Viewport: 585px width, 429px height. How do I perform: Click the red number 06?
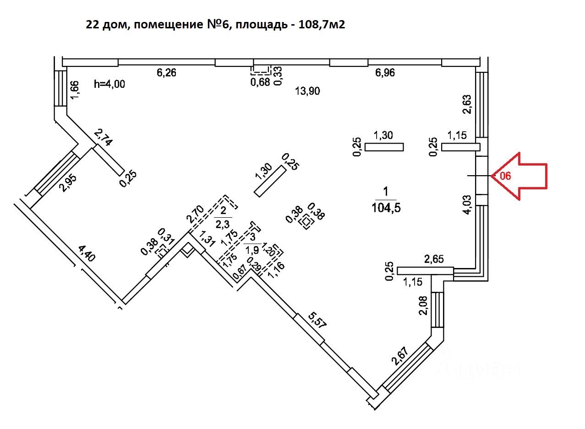click(505, 176)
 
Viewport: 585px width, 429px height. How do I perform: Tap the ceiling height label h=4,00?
click(109, 84)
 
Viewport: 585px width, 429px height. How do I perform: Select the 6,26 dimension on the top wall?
click(167, 72)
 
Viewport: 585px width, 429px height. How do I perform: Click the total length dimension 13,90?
click(307, 91)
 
